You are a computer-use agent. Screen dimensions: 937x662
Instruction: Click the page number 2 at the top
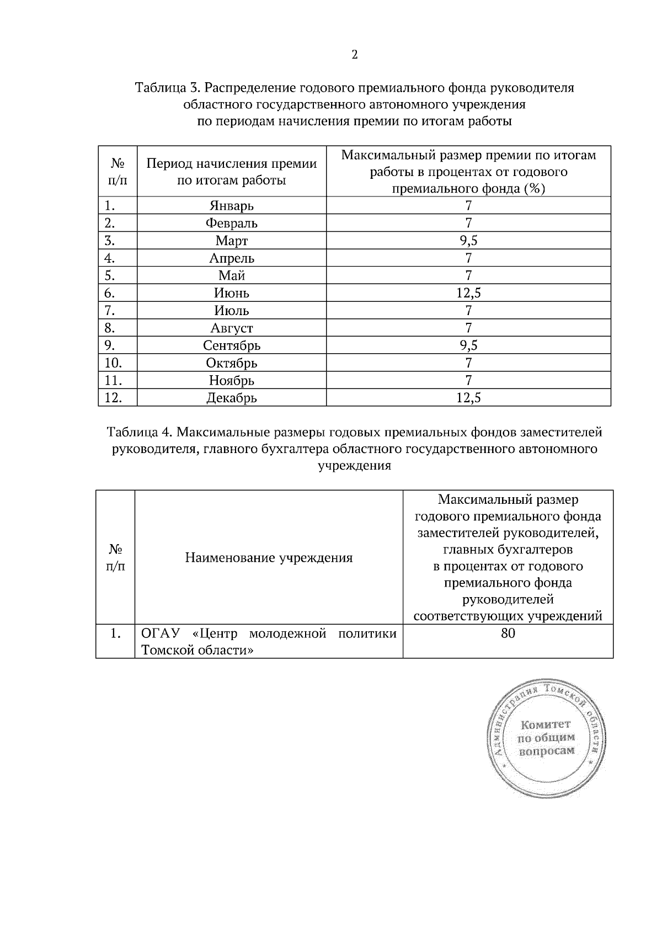(x=354, y=55)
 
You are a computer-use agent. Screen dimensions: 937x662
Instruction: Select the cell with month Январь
(x=231, y=206)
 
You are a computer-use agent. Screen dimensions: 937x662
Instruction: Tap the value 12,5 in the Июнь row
(x=468, y=293)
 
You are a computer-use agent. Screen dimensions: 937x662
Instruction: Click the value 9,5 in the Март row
(x=468, y=241)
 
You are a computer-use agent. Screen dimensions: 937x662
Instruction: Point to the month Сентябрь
(x=231, y=345)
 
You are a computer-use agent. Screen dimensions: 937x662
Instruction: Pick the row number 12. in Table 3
(x=113, y=397)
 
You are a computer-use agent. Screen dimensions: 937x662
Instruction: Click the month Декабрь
(x=231, y=397)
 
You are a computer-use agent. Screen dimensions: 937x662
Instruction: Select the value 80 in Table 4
(x=508, y=633)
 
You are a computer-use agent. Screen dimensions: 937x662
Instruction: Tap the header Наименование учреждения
(x=269, y=557)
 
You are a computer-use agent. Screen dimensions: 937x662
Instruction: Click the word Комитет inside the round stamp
(x=546, y=724)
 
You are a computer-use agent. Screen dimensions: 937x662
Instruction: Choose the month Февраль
(x=231, y=223)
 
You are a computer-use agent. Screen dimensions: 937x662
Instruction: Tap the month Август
(x=231, y=328)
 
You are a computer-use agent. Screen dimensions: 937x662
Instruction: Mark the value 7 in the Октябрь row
(x=468, y=363)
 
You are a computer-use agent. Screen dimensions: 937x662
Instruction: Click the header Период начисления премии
(x=231, y=163)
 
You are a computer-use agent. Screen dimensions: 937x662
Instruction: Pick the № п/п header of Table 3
(x=117, y=172)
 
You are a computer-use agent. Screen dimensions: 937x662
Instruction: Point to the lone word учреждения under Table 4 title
(x=354, y=465)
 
